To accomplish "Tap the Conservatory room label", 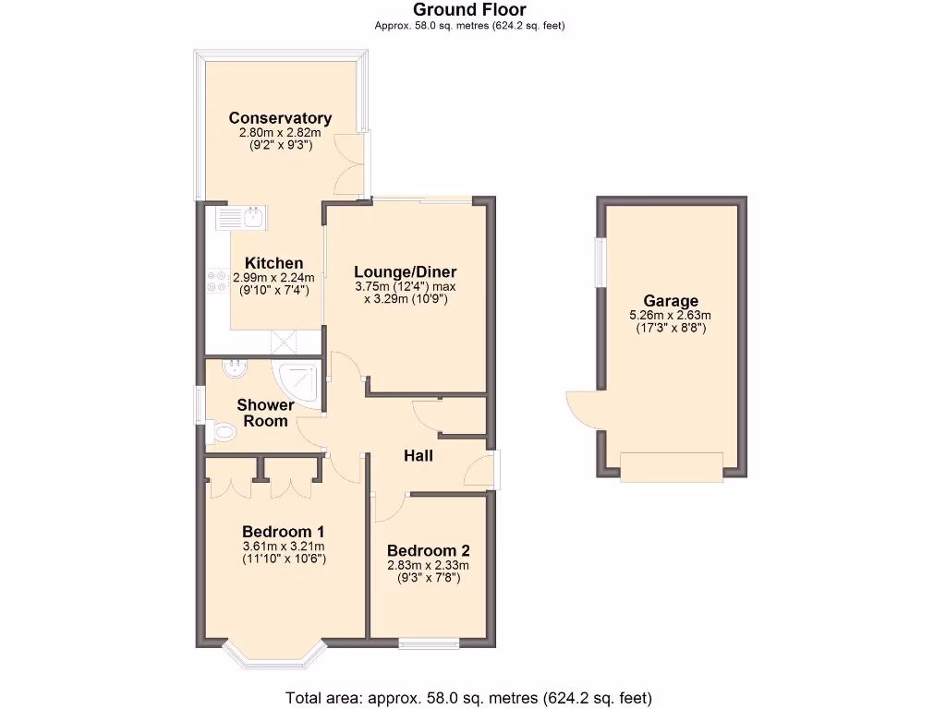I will click(280, 117).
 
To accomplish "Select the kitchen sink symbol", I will click(240, 218).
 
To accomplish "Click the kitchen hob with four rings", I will click(217, 281).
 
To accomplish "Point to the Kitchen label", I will click(273, 263).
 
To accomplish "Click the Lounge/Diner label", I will click(406, 271).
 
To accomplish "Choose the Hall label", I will click(418, 455).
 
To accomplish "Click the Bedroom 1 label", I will click(283, 531).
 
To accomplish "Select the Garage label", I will click(671, 300).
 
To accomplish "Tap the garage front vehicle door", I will click(671, 466).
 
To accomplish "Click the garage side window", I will click(600, 262).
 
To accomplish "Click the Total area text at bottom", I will click(469, 698).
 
